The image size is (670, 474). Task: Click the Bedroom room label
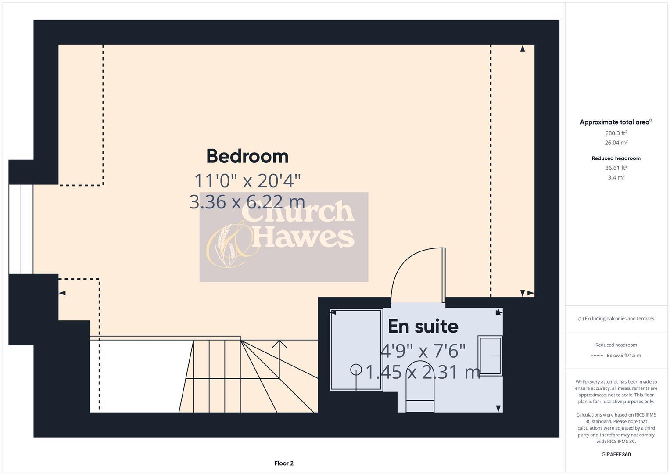247,156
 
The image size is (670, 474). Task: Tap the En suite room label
423,326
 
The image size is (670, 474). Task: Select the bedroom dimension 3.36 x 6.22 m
247,202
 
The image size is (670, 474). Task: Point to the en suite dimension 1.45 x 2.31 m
423,372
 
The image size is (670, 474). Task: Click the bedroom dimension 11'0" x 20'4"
247,180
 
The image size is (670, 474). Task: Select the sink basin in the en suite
490,355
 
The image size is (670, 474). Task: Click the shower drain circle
356,370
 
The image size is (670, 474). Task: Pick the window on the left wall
21,229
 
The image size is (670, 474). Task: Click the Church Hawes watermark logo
283,237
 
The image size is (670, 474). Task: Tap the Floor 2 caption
283,463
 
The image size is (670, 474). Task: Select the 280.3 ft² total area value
616,133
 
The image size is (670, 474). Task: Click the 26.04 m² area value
616,143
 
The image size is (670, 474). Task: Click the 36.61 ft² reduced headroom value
616,168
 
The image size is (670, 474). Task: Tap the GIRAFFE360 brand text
616,454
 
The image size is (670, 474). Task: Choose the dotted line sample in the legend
597,355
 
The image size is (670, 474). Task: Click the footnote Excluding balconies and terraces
616,319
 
